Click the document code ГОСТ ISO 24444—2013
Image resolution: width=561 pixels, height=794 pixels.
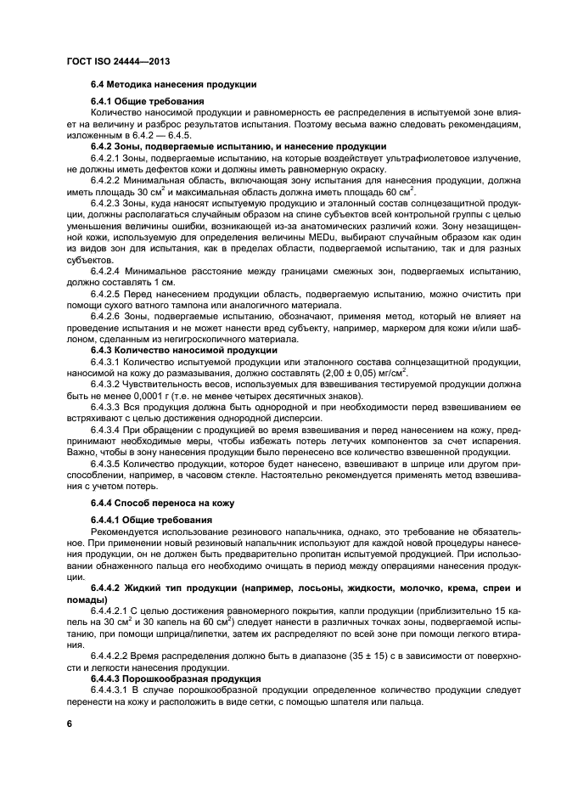[120, 60]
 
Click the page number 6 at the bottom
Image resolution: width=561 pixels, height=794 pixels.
[70, 723]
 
